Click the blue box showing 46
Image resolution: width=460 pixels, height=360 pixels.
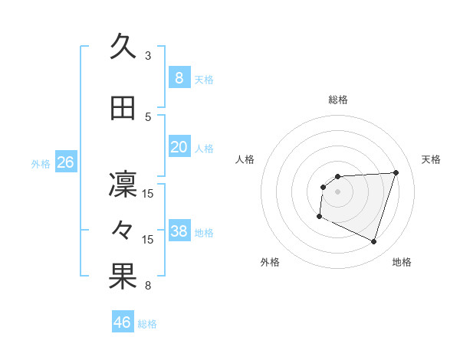click(x=123, y=322)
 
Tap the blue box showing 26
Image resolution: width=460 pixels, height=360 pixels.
click(x=65, y=162)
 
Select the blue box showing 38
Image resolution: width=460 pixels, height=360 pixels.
click(x=179, y=231)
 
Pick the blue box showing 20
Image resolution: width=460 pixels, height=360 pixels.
click(x=179, y=147)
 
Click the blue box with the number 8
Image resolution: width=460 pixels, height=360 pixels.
click(x=179, y=78)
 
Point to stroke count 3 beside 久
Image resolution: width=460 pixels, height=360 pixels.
click(x=148, y=56)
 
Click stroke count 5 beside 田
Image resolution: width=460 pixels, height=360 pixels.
click(x=148, y=117)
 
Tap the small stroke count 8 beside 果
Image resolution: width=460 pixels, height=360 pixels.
click(x=148, y=286)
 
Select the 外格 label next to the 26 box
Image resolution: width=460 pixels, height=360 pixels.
click(x=41, y=163)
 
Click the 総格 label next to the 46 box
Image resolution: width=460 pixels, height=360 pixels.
click(x=147, y=324)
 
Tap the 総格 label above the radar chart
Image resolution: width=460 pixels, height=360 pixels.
click(x=337, y=100)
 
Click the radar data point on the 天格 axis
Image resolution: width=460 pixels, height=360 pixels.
click(x=396, y=172)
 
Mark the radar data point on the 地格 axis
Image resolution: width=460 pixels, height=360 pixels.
click(x=373, y=242)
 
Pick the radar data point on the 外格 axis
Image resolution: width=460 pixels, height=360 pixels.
click(x=319, y=217)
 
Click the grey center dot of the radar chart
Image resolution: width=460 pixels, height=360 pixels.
click(x=337, y=191)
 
